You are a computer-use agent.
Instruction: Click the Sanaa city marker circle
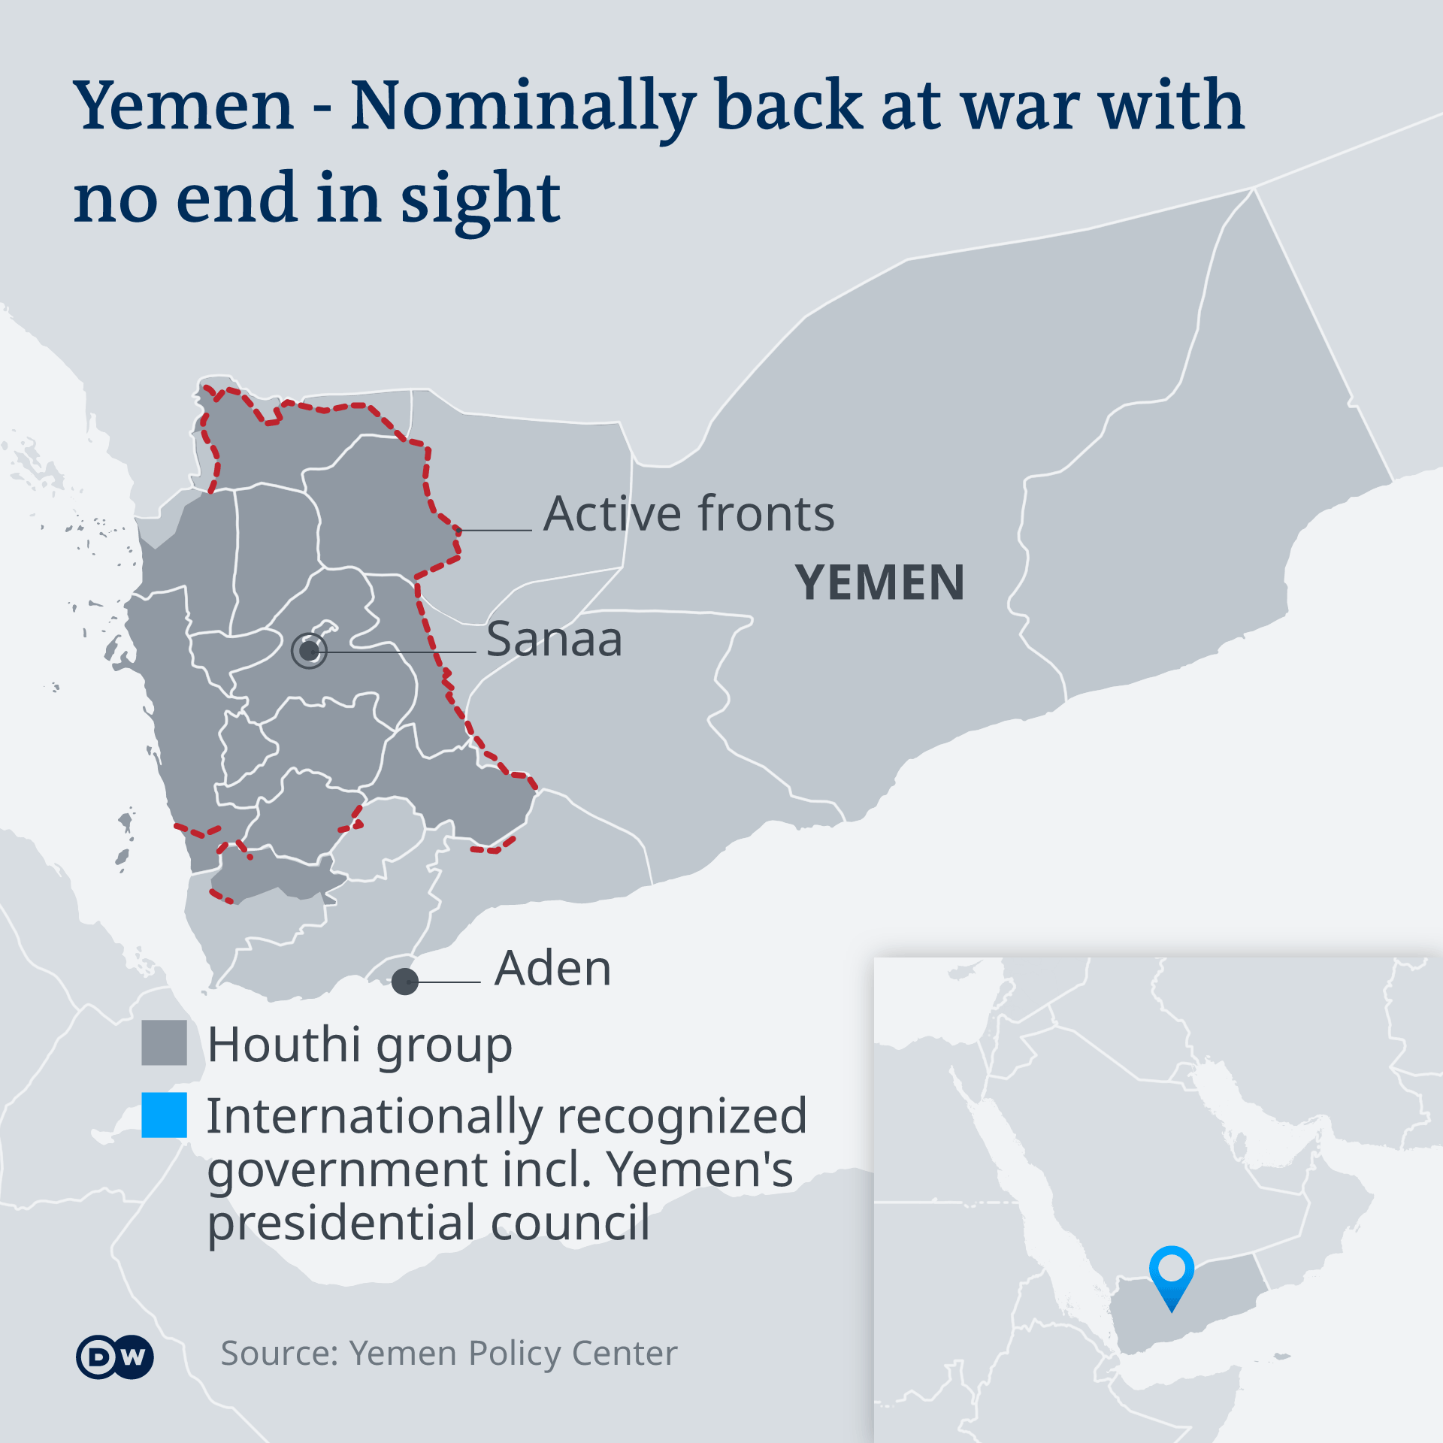309,651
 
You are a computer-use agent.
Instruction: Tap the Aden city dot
405,982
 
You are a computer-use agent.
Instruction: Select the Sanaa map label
554,640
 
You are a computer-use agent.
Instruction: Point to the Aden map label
552,968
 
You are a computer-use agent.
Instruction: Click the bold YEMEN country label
879,583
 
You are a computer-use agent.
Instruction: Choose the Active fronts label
688,514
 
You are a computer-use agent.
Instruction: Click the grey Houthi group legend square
164,1042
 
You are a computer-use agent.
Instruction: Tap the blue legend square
164,1115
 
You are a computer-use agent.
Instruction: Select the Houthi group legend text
360,1045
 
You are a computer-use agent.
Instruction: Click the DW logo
115,1357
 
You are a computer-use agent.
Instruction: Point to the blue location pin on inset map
1171,1273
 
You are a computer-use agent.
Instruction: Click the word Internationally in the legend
374,1116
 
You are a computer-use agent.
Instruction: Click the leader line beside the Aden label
449,982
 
